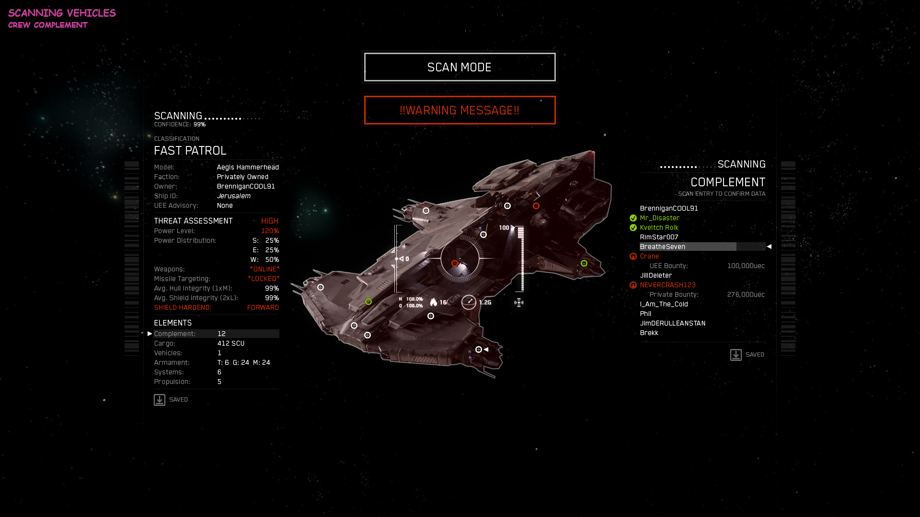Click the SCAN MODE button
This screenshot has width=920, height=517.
(460, 67)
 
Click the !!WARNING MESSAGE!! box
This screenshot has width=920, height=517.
(460, 110)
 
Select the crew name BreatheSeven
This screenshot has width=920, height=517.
(663, 247)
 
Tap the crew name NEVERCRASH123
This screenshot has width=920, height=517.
(668, 285)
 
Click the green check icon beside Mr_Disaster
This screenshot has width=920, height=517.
(633, 218)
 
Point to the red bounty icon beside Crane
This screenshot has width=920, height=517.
(633, 257)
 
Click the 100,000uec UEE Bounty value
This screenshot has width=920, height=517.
(746, 266)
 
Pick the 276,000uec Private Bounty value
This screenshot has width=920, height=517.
(746, 294)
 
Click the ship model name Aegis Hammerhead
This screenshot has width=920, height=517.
(248, 167)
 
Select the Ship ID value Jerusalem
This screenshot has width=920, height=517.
(234, 196)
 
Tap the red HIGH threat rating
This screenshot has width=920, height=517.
(270, 221)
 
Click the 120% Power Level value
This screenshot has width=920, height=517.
(270, 231)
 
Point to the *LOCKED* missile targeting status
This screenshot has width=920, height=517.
(264, 279)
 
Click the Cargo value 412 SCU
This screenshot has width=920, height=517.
(231, 343)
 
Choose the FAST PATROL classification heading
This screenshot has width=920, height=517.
(190, 151)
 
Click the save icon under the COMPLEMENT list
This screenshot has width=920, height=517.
(736, 355)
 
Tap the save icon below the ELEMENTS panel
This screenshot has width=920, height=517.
(160, 400)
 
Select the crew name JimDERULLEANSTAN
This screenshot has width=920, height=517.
(673, 323)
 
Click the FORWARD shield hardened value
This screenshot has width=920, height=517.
(263, 307)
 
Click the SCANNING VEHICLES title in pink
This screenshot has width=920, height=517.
(62, 13)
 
